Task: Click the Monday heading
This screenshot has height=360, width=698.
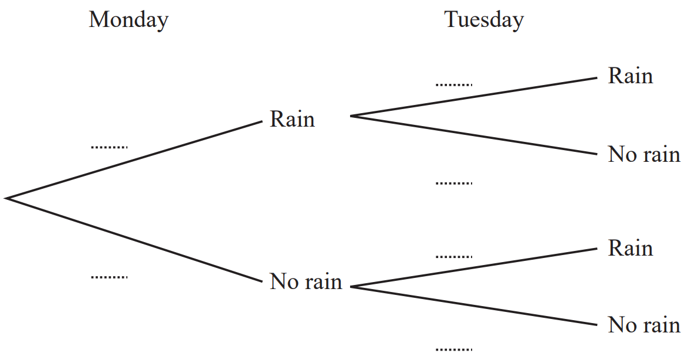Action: click(128, 20)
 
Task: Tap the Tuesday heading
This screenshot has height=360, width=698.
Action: click(483, 20)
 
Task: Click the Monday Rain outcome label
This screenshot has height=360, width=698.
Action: click(292, 120)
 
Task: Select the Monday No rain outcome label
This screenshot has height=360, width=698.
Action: click(306, 282)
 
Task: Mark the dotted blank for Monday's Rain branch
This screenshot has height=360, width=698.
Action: click(109, 147)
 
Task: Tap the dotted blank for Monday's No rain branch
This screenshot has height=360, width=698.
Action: click(109, 276)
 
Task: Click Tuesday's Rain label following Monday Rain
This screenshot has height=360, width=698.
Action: click(630, 76)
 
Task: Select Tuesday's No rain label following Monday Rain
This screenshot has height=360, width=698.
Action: click(643, 155)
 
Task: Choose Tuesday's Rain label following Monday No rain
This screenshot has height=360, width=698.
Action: click(630, 249)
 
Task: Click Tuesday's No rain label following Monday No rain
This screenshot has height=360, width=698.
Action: click(643, 325)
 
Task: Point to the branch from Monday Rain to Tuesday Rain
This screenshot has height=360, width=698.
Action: click(473, 97)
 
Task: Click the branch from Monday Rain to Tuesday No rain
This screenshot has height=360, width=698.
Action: click(473, 135)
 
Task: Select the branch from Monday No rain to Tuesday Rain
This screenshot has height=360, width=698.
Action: click(473, 267)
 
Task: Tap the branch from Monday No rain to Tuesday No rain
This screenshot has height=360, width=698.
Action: click(473, 305)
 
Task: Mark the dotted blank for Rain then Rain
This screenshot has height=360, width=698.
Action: click(453, 85)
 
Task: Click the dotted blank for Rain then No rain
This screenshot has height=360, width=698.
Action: click(453, 184)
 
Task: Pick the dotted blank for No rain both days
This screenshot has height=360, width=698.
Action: click(453, 349)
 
